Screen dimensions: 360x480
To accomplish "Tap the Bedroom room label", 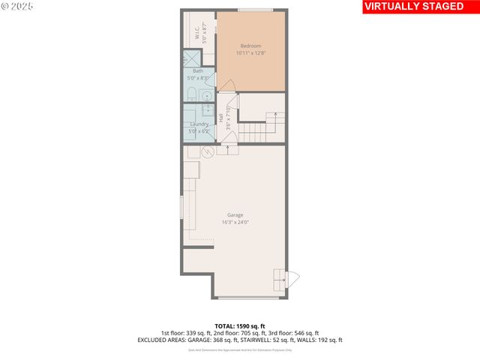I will [x=250, y=46].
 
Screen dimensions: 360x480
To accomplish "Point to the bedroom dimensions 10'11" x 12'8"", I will [x=250, y=53].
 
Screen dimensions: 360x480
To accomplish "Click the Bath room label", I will [x=198, y=70].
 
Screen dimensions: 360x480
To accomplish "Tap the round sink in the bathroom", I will [x=207, y=95].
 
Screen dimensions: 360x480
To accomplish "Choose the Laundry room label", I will [x=199, y=124].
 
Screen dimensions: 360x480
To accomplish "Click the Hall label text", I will [x=220, y=118].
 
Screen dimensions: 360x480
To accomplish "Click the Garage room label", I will [x=235, y=215].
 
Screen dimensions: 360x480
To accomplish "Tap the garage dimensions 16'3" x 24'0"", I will [x=235, y=223].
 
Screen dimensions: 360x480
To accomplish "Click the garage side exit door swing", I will [x=293, y=279].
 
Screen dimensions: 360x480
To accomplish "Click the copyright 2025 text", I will [x=16, y=6].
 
